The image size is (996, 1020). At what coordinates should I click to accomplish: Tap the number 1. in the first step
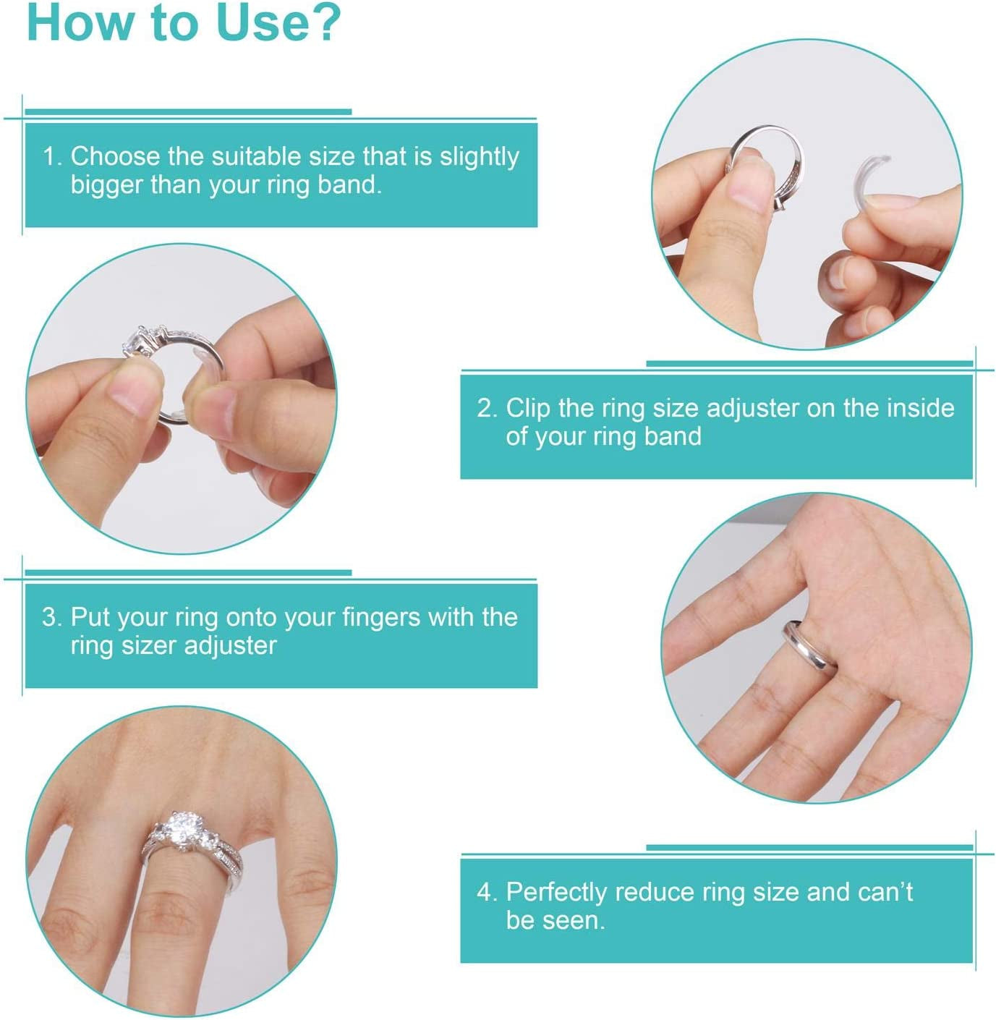(53, 156)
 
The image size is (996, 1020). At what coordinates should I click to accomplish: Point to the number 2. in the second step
(487, 408)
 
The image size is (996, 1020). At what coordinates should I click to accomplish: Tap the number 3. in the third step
(53, 617)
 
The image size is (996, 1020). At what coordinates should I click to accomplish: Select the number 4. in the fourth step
(487, 892)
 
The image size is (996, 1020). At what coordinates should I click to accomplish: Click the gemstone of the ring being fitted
(139, 340)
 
